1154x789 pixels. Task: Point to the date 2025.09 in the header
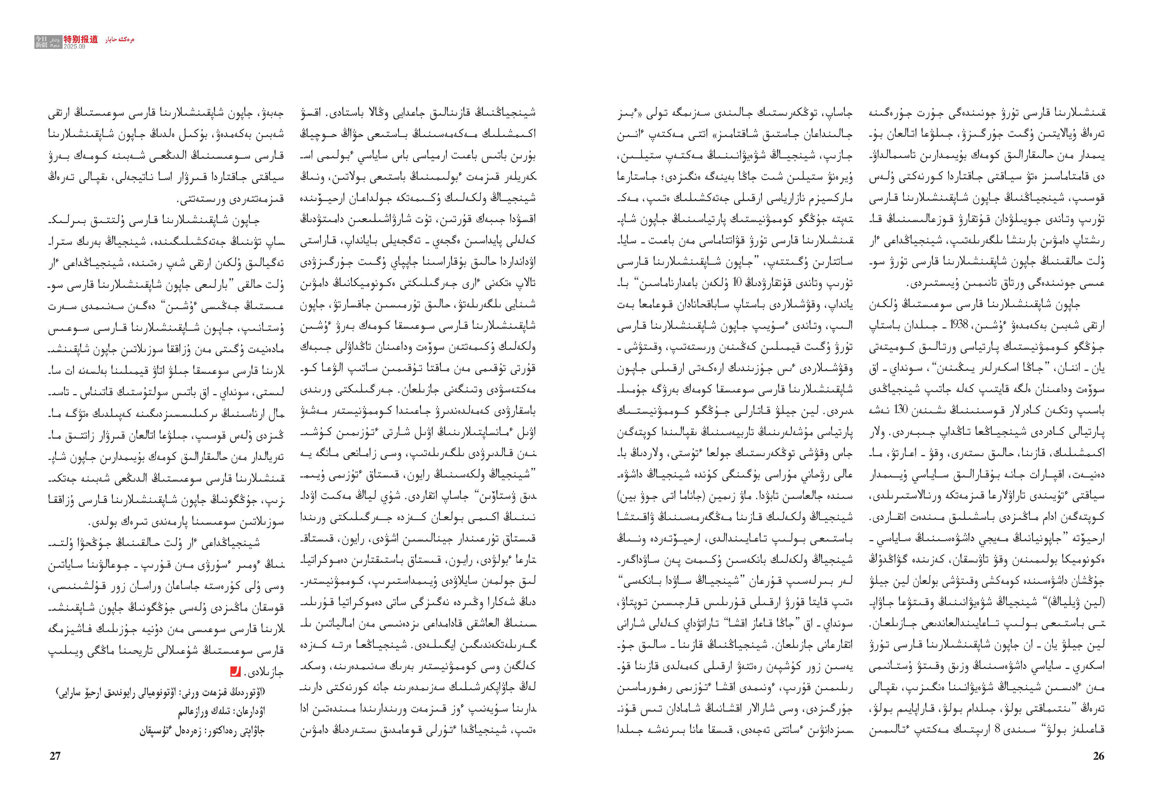coord(74,46)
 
